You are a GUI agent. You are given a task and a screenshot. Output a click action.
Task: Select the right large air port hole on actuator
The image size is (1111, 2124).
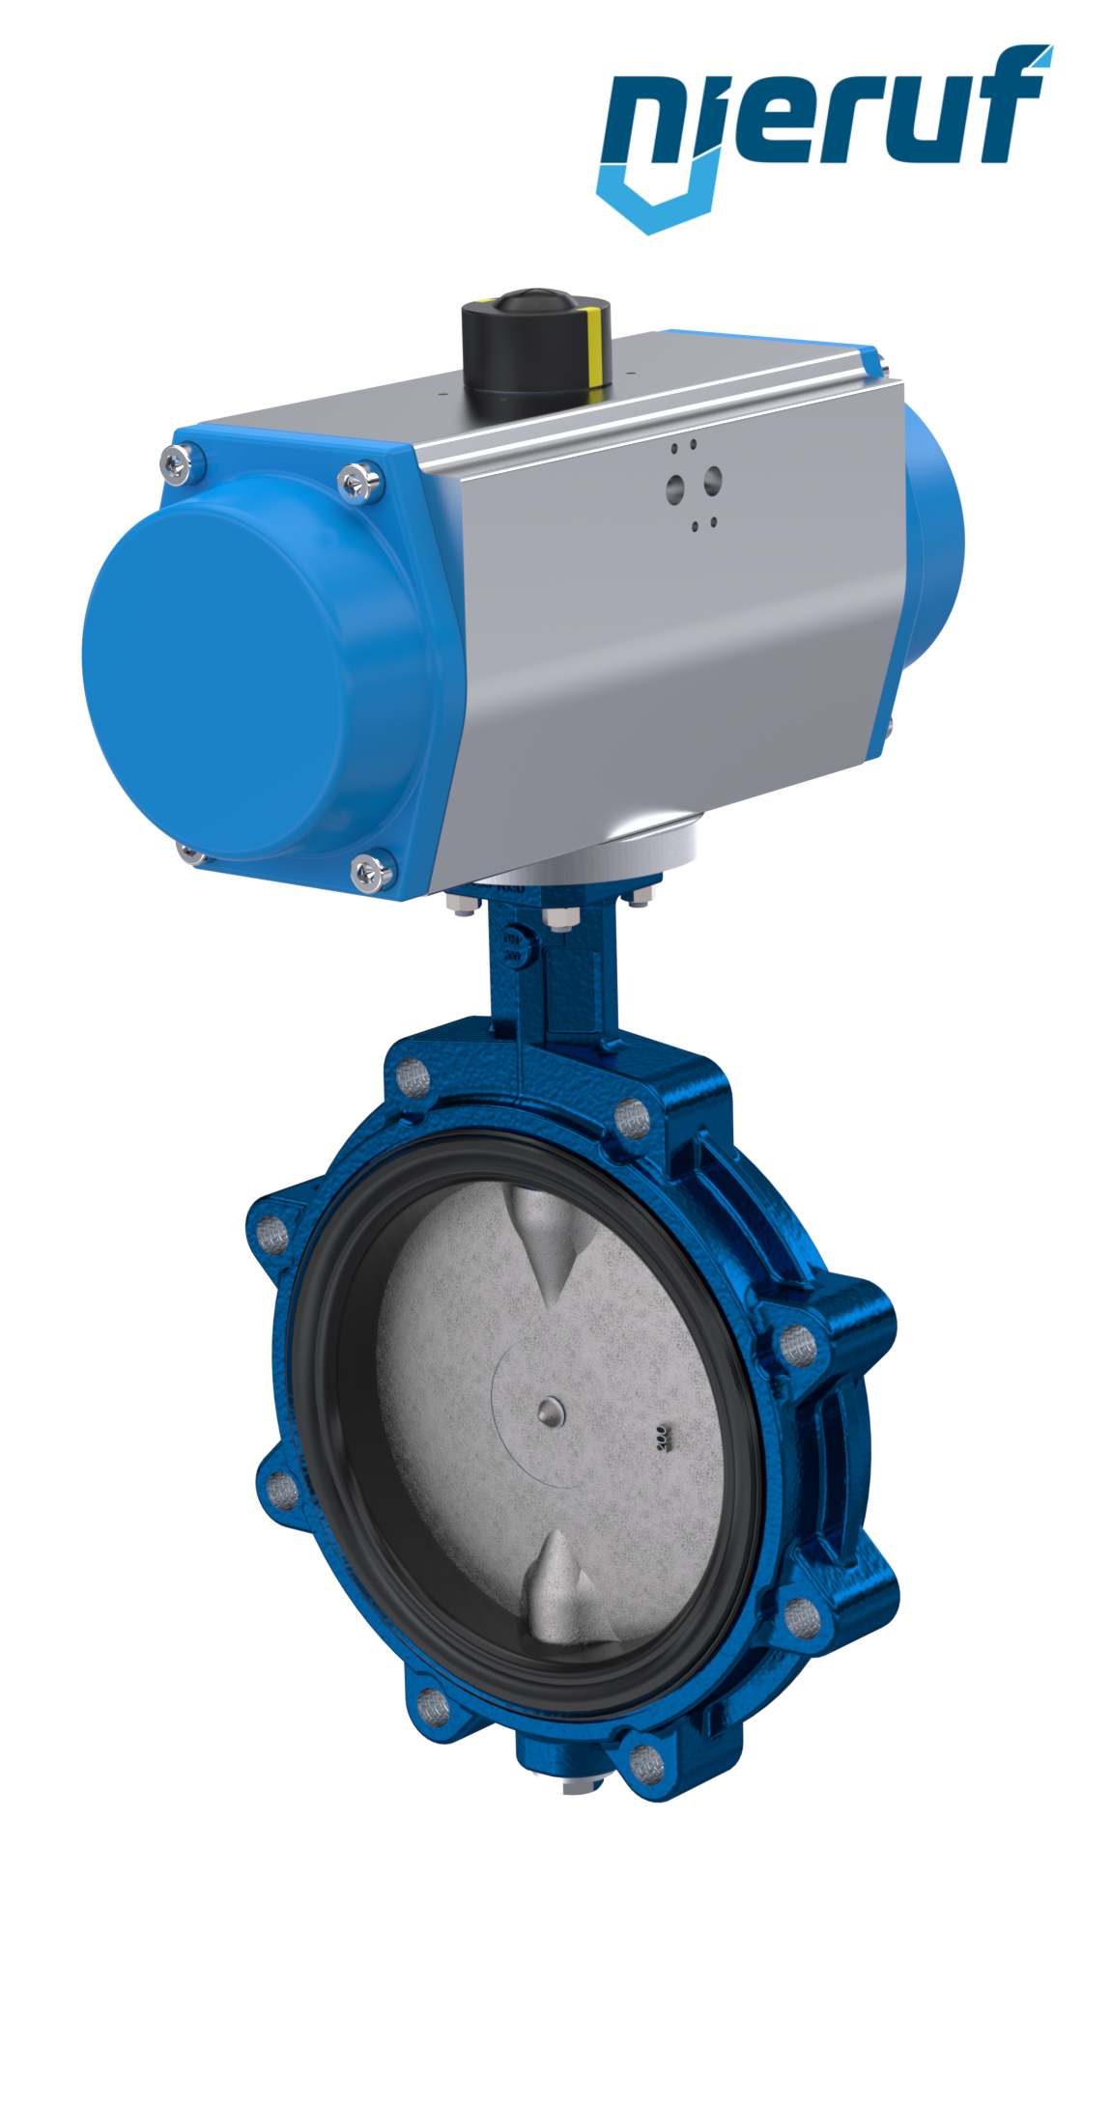712,477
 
